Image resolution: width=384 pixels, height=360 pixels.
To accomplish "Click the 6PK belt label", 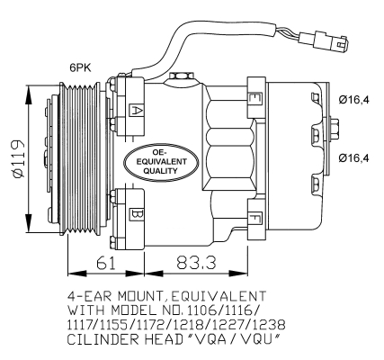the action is [80, 67].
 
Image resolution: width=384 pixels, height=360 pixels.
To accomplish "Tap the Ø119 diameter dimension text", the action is [19, 158].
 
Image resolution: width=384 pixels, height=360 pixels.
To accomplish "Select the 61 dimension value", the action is [106, 263].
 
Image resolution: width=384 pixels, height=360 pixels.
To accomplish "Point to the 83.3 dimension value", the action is [196, 263].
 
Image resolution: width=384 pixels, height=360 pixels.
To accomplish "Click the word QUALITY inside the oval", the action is [161, 171].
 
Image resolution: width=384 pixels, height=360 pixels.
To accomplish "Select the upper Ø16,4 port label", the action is [354, 99].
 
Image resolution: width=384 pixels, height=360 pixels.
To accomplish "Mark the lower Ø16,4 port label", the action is [354, 157].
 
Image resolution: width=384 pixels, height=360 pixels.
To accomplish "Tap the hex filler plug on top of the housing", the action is [181, 76].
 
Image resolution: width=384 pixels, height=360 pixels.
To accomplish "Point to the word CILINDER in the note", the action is [103, 339].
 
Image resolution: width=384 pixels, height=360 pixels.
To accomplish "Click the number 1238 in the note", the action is [268, 325].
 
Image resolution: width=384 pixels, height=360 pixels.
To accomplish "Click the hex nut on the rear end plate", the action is [335, 130].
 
